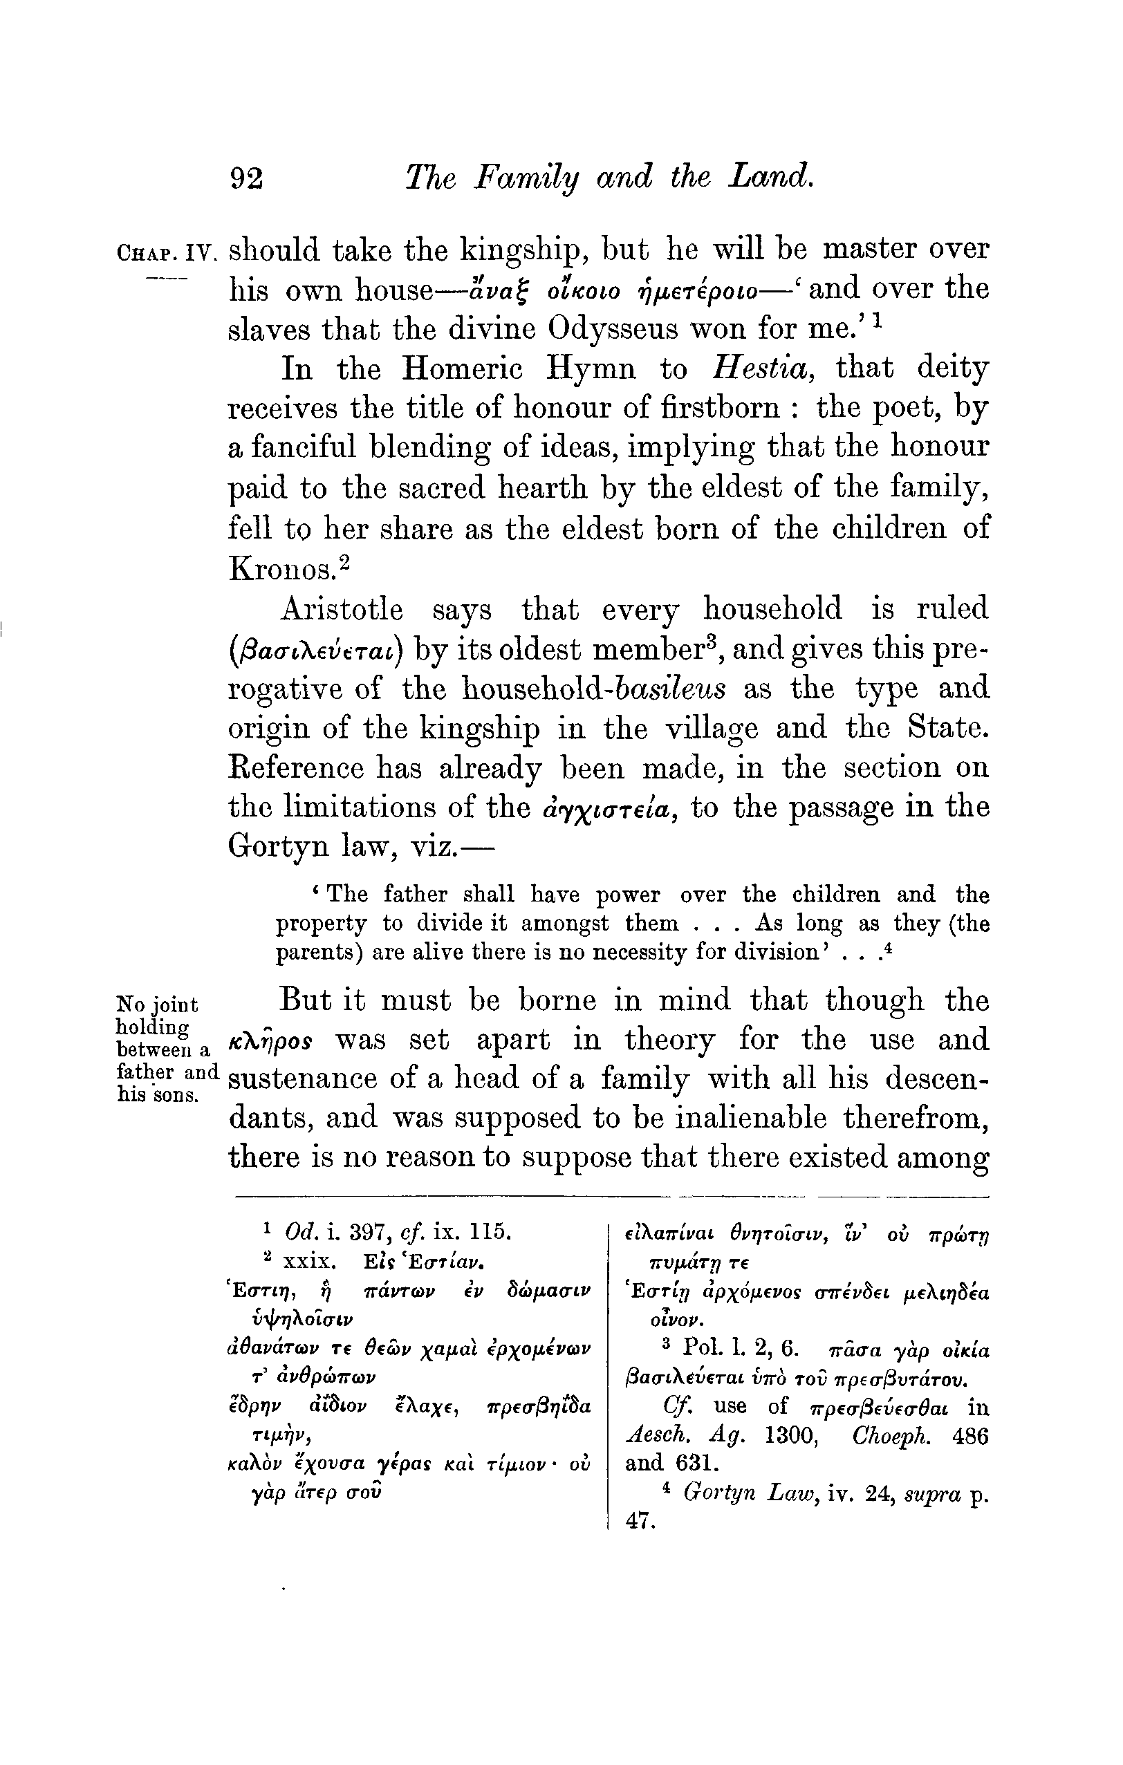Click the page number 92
pos(247,178)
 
